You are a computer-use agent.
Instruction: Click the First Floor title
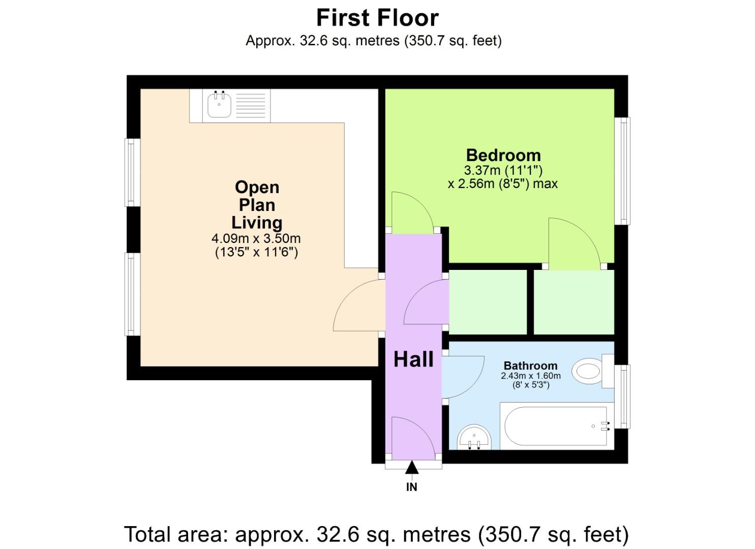tap(377, 18)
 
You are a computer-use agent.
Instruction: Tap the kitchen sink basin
tap(219, 105)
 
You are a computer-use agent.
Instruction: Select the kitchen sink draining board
tap(251, 106)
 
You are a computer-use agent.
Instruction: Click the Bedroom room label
tap(503, 155)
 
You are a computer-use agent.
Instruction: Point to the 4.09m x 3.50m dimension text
tap(256, 238)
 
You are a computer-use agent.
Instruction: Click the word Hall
tap(413, 359)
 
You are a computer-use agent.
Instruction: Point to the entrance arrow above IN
tap(412, 467)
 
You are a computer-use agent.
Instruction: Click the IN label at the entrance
tap(412, 487)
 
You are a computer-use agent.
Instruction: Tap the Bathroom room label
tap(530, 365)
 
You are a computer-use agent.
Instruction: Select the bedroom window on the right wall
tap(622, 171)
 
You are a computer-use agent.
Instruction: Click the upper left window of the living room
tap(132, 172)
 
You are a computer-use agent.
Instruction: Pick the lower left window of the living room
tap(132, 294)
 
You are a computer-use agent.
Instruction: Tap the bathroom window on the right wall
tap(622, 396)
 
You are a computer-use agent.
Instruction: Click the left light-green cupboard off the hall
tap(488, 302)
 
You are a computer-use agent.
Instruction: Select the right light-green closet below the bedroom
tap(573, 302)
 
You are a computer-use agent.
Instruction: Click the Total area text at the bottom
tap(376, 534)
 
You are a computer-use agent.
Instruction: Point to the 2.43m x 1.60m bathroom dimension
tap(530, 376)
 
